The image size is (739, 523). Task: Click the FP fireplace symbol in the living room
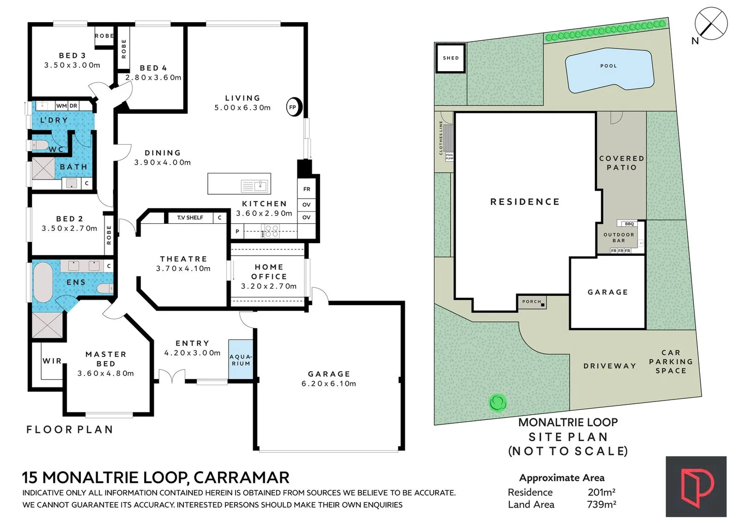pyautogui.click(x=293, y=107)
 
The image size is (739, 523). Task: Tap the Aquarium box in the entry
pyautogui.click(x=241, y=359)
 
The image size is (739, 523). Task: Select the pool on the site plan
pyautogui.click(x=609, y=70)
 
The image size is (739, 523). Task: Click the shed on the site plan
pyautogui.click(x=451, y=58)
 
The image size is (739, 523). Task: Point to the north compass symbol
pyautogui.click(x=711, y=23)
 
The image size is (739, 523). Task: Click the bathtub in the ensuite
pyautogui.click(x=43, y=283)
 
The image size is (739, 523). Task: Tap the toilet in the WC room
pyautogui.click(x=39, y=145)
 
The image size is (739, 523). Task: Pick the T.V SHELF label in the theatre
pyautogui.click(x=190, y=217)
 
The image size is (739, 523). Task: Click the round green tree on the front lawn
pyautogui.click(x=498, y=402)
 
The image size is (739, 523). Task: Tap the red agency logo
pyautogui.click(x=696, y=487)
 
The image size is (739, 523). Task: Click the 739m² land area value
pyautogui.click(x=601, y=505)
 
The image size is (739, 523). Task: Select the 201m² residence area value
pyautogui.click(x=601, y=492)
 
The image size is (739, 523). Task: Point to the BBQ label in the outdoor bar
pyautogui.click(x=629, y=224)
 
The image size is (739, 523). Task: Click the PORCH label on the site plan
pyautogui.click(x=532, y=302)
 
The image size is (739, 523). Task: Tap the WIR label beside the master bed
pyautogui.click(x=52, y=361)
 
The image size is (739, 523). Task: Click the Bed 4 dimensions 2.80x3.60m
pyautogui.click(x=153, y=77)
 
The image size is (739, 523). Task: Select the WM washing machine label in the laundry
pyautogui.click(x=61, y=106)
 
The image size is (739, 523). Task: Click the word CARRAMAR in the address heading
pyautogui.click(x=241, y=477)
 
